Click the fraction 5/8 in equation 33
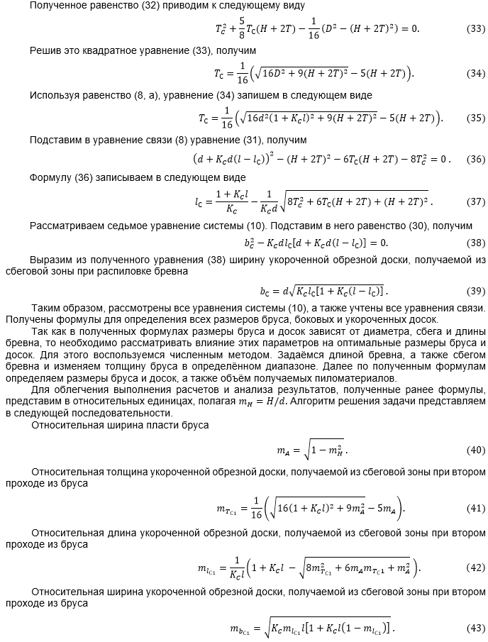tap(240, 29)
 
